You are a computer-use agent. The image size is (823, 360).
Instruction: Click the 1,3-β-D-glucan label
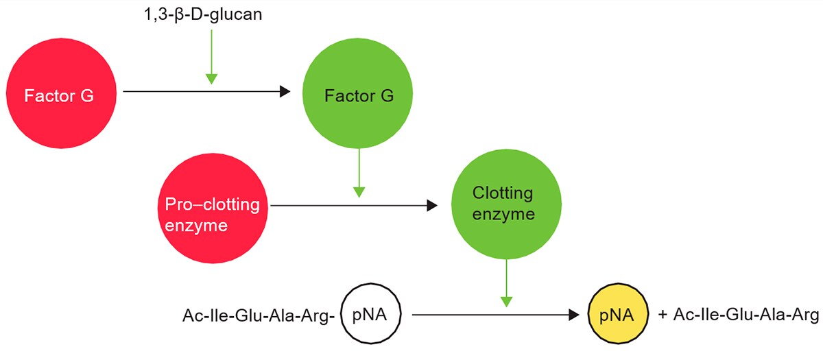[x=198, y=14]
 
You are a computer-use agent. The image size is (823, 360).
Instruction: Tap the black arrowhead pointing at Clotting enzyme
[x=431, y=204]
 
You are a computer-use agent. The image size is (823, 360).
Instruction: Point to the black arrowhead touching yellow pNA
[x=575, y=315]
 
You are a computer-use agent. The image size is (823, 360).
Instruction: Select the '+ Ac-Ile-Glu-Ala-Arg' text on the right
[x=737, y=315]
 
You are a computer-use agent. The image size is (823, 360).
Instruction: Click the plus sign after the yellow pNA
[x=663, y=315]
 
